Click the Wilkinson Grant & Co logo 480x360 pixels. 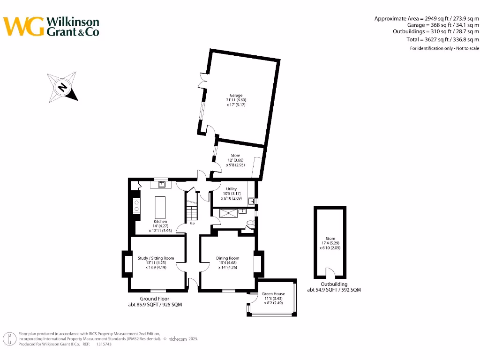coord(52,26)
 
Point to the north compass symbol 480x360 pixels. coord(62,87)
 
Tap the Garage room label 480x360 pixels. coord(236,100)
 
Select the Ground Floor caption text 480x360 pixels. coord(154,299)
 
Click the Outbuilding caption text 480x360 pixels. coord(334,284)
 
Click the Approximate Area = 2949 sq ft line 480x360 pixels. coord(427,19)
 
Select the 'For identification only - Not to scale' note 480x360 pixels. coord(444,48)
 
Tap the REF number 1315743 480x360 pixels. coord(104,344)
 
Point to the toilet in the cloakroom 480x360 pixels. coord(249,225)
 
